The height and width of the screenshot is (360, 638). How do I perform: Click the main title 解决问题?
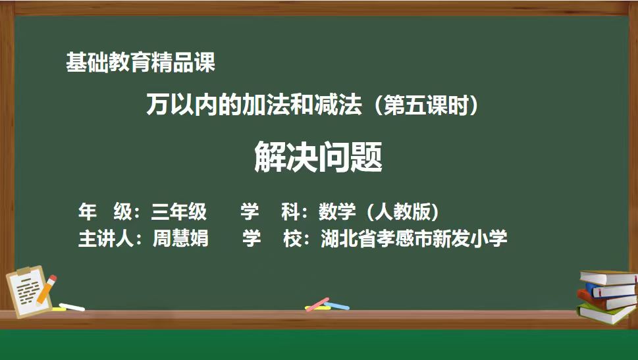[318, 157]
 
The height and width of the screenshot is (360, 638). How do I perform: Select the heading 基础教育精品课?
[140, 63]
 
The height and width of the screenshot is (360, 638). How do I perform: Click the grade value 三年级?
[179, 212]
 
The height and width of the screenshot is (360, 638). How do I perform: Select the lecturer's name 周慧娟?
[180, 238]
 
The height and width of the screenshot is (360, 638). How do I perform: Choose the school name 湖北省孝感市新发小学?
[413, 238]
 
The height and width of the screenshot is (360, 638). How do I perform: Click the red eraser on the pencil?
[53, 279]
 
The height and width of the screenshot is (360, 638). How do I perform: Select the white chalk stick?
[72, 307]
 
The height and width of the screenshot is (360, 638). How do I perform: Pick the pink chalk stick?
[317, 304]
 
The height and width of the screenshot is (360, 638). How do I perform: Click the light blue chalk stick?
[336, 305]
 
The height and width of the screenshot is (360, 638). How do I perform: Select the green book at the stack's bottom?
[606, 313]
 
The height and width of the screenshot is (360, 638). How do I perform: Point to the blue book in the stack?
[610, 290]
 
